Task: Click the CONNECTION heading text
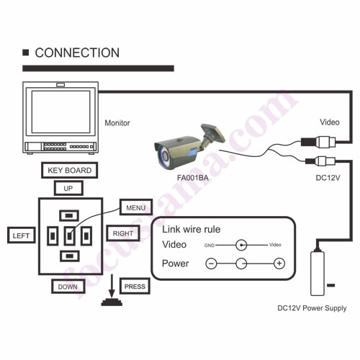coord(77,53)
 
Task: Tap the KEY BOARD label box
coord(70,170)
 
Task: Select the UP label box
coord(68,188)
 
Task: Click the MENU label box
coord(136,207)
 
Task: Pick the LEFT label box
coord(21,235)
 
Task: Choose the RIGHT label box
coord(123,233)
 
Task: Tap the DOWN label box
coord(68,287)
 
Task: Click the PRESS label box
coord(135,286)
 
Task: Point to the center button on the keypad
coord(70,236)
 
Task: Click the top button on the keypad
coord(69,215)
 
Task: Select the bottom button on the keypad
coord(70,256)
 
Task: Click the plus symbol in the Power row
coord(279,264)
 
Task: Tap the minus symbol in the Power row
coord(211,264)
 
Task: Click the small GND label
coord(210,246)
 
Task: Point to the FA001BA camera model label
coord(193,178)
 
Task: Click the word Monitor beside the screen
coord(117,123)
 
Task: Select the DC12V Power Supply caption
coord(312,308)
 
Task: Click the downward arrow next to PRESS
coord(112,287)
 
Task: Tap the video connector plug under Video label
coord(318,142)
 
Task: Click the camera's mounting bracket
coord(211,136)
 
